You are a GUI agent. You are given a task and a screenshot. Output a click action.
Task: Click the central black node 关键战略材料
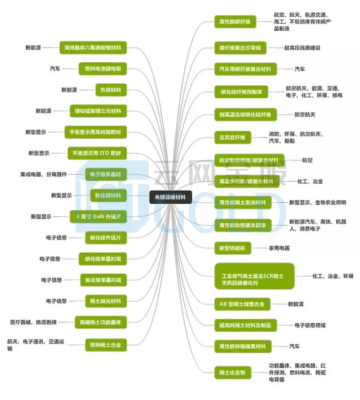pyautogui.click(x=170, y=197)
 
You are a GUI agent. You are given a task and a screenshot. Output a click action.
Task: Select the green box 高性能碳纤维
pyautogui.click(x=235, y=22)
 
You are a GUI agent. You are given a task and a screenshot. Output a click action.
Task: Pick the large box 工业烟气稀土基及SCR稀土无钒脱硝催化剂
pyautogui.click(x=254, y=276)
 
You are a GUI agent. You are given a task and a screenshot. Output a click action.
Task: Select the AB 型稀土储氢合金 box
pyautogui.click(x=242, y=304)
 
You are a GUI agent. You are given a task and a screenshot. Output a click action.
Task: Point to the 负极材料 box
pyautogui.click(x=111, y=90)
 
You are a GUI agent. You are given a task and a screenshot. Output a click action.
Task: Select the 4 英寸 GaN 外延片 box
pyautogui.click(x=98, y=216)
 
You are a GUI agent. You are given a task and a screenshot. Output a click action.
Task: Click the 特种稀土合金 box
pyautogui.click(x=106, y=344)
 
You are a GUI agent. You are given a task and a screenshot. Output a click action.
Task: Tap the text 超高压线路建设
pyautogui.click(x=302, y=48)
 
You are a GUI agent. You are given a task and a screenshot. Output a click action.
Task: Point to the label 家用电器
pyautogui.click(x=279, y=248)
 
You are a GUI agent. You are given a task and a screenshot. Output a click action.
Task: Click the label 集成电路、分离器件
pyautogui.click(x=44, y=174)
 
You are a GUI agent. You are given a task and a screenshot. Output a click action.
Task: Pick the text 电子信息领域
pyautogui.click(x=310, y=325)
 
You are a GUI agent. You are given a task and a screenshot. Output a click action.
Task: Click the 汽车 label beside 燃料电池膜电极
pyautogui.click(x=55, y=69)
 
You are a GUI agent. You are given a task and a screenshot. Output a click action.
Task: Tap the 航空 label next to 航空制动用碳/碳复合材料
pyautogui.click(x=307, y=160)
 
